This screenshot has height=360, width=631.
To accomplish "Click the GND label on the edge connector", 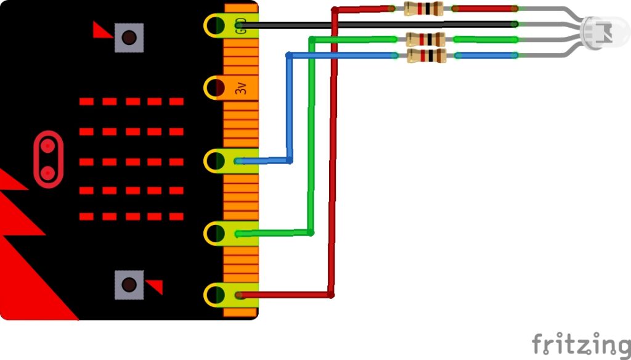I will tap(241, 25).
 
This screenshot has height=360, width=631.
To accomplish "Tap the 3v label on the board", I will tap(241, 88).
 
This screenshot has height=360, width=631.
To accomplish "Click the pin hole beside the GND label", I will tap(216, 25).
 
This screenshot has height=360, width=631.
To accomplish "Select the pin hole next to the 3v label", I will tap(216, 88).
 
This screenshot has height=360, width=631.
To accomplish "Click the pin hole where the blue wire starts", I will tap(216, 161).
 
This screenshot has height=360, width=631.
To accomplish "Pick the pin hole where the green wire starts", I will tap(216, 233).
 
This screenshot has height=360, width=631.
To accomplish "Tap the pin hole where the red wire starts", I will tap(216, 295).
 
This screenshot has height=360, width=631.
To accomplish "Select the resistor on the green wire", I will tap(425, 39).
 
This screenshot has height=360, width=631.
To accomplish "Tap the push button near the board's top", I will tap(129, 38).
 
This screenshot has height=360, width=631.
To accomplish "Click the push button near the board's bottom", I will tap(129, 284).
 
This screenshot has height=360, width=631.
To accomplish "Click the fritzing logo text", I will tap(581, 343).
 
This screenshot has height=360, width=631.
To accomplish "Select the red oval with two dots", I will tap(47, 159).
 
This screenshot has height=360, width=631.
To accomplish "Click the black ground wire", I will tap(382, 25).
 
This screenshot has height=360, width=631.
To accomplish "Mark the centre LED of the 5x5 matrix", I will tap(132, 162).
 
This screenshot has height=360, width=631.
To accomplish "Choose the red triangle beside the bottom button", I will tap(155, 287).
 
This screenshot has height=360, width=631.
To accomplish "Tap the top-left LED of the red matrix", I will tap(87, 101).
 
